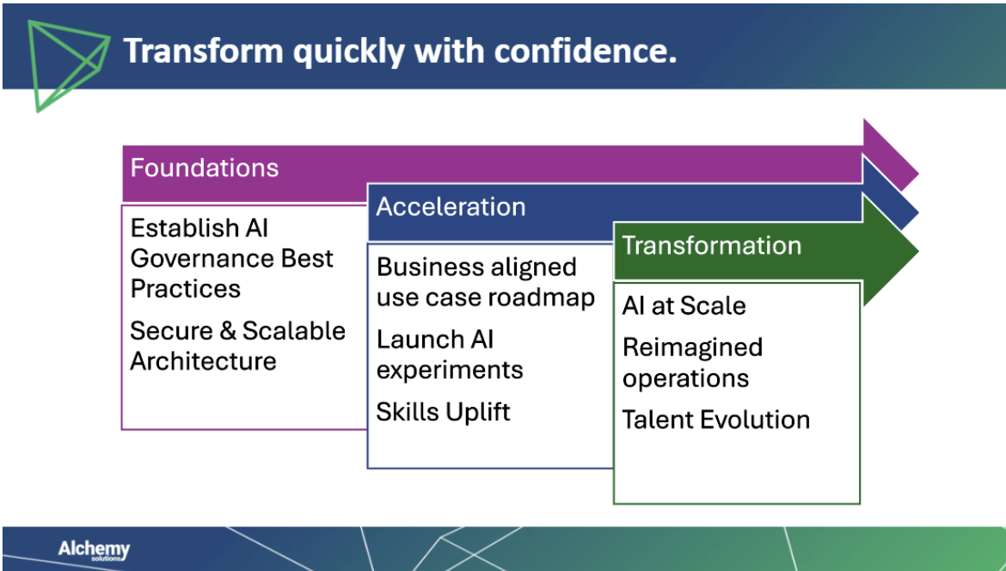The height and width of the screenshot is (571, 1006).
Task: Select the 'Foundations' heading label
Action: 205,167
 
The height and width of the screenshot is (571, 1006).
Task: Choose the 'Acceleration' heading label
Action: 451,206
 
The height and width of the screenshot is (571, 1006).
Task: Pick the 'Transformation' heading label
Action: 712,245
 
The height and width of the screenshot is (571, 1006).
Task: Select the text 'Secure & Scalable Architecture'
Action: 237,346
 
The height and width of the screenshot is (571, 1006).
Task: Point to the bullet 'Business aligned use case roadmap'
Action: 486,282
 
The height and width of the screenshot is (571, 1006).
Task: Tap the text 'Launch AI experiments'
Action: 450,354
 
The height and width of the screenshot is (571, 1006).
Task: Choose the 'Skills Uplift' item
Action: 443,412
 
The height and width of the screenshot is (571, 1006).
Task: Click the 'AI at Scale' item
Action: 684,306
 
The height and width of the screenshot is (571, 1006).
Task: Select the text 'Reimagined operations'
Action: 692,363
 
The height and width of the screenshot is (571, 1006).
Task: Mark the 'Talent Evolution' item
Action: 715,420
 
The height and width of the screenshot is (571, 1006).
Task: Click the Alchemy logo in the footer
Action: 94,550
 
